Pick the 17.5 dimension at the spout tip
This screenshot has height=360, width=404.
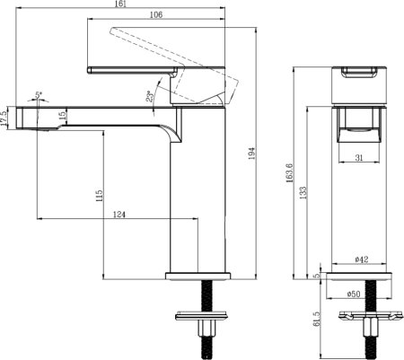click(4, 117)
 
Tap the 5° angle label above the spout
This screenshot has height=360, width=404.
click(39, 93)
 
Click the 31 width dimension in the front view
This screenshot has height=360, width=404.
click(359, 158)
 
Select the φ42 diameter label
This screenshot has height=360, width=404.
click(362, 259)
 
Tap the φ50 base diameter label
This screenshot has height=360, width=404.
click(362, 293)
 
